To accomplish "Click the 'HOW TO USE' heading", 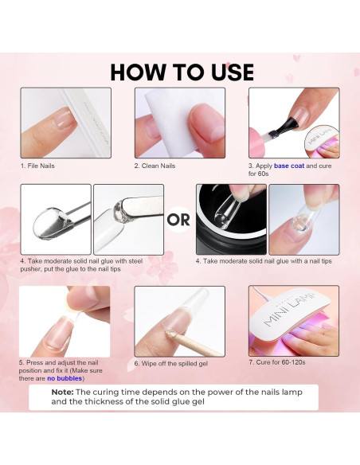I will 182,71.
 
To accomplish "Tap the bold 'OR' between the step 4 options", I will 179,220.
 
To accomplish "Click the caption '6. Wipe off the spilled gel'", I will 170,363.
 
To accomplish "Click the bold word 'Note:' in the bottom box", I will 63,392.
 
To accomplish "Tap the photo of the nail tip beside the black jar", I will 304,219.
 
